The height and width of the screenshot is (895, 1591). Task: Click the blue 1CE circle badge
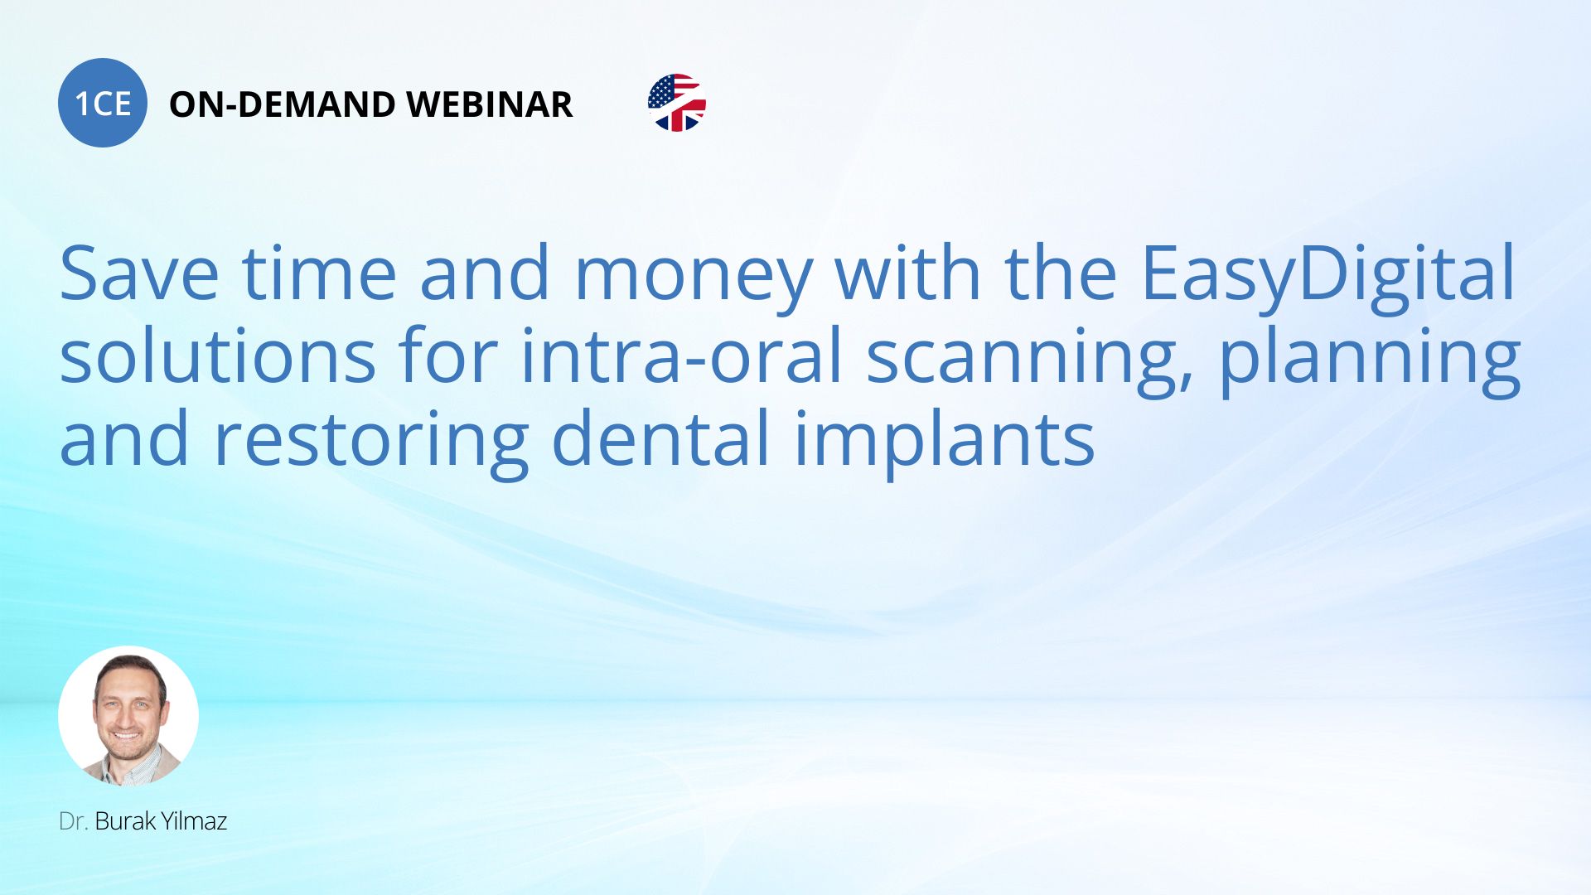pyautogui.click(x=103, y=103)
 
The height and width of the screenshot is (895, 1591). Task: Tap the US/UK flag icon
pyautogui.click(x=677, y=103)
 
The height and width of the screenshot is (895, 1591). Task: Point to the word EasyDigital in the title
pyautogui.click(x=1329, y=274)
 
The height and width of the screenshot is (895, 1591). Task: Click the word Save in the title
pyautogui.click(x=139, y=274)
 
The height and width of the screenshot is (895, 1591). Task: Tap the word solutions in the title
pyautogui.click(x=218, y=356)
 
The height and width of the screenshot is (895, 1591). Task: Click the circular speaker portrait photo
pyautogui.click(x=128, y=716)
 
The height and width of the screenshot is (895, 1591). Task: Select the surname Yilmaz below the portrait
pyautogui.click(x=194, y=821)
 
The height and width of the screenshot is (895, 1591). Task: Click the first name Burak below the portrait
pyautogui.click(x=125, y=821)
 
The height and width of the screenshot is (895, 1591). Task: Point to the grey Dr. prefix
pyautogui.click(x=74, y=821)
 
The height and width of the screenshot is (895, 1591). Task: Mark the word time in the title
pyautogui.click(x=319, y=274)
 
